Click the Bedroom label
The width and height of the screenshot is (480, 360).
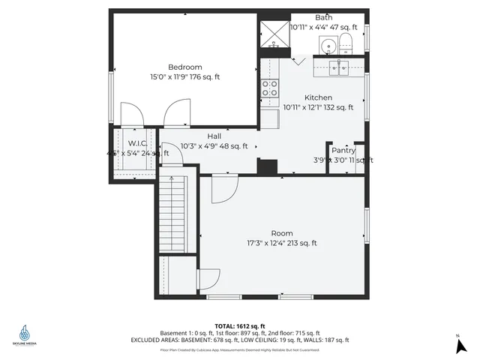pyautogui.click(x=184, y=67)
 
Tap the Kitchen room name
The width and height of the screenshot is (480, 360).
pyautogui.click(x=318, y=97)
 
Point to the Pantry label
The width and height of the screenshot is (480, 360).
pyautogui.click(x=343, y=150)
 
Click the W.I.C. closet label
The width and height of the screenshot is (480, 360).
pyautogui.click(x=136, y=142)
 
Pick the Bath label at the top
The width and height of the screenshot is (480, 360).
pyautogui.click(x=324, y=17)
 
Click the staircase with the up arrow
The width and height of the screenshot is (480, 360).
pyautogui.click(x=172, y=213)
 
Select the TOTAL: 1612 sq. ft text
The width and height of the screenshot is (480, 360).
pyautogui.click(x=240, y=325)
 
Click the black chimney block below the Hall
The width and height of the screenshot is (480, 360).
pyautogui.click(x=266, y=166)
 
